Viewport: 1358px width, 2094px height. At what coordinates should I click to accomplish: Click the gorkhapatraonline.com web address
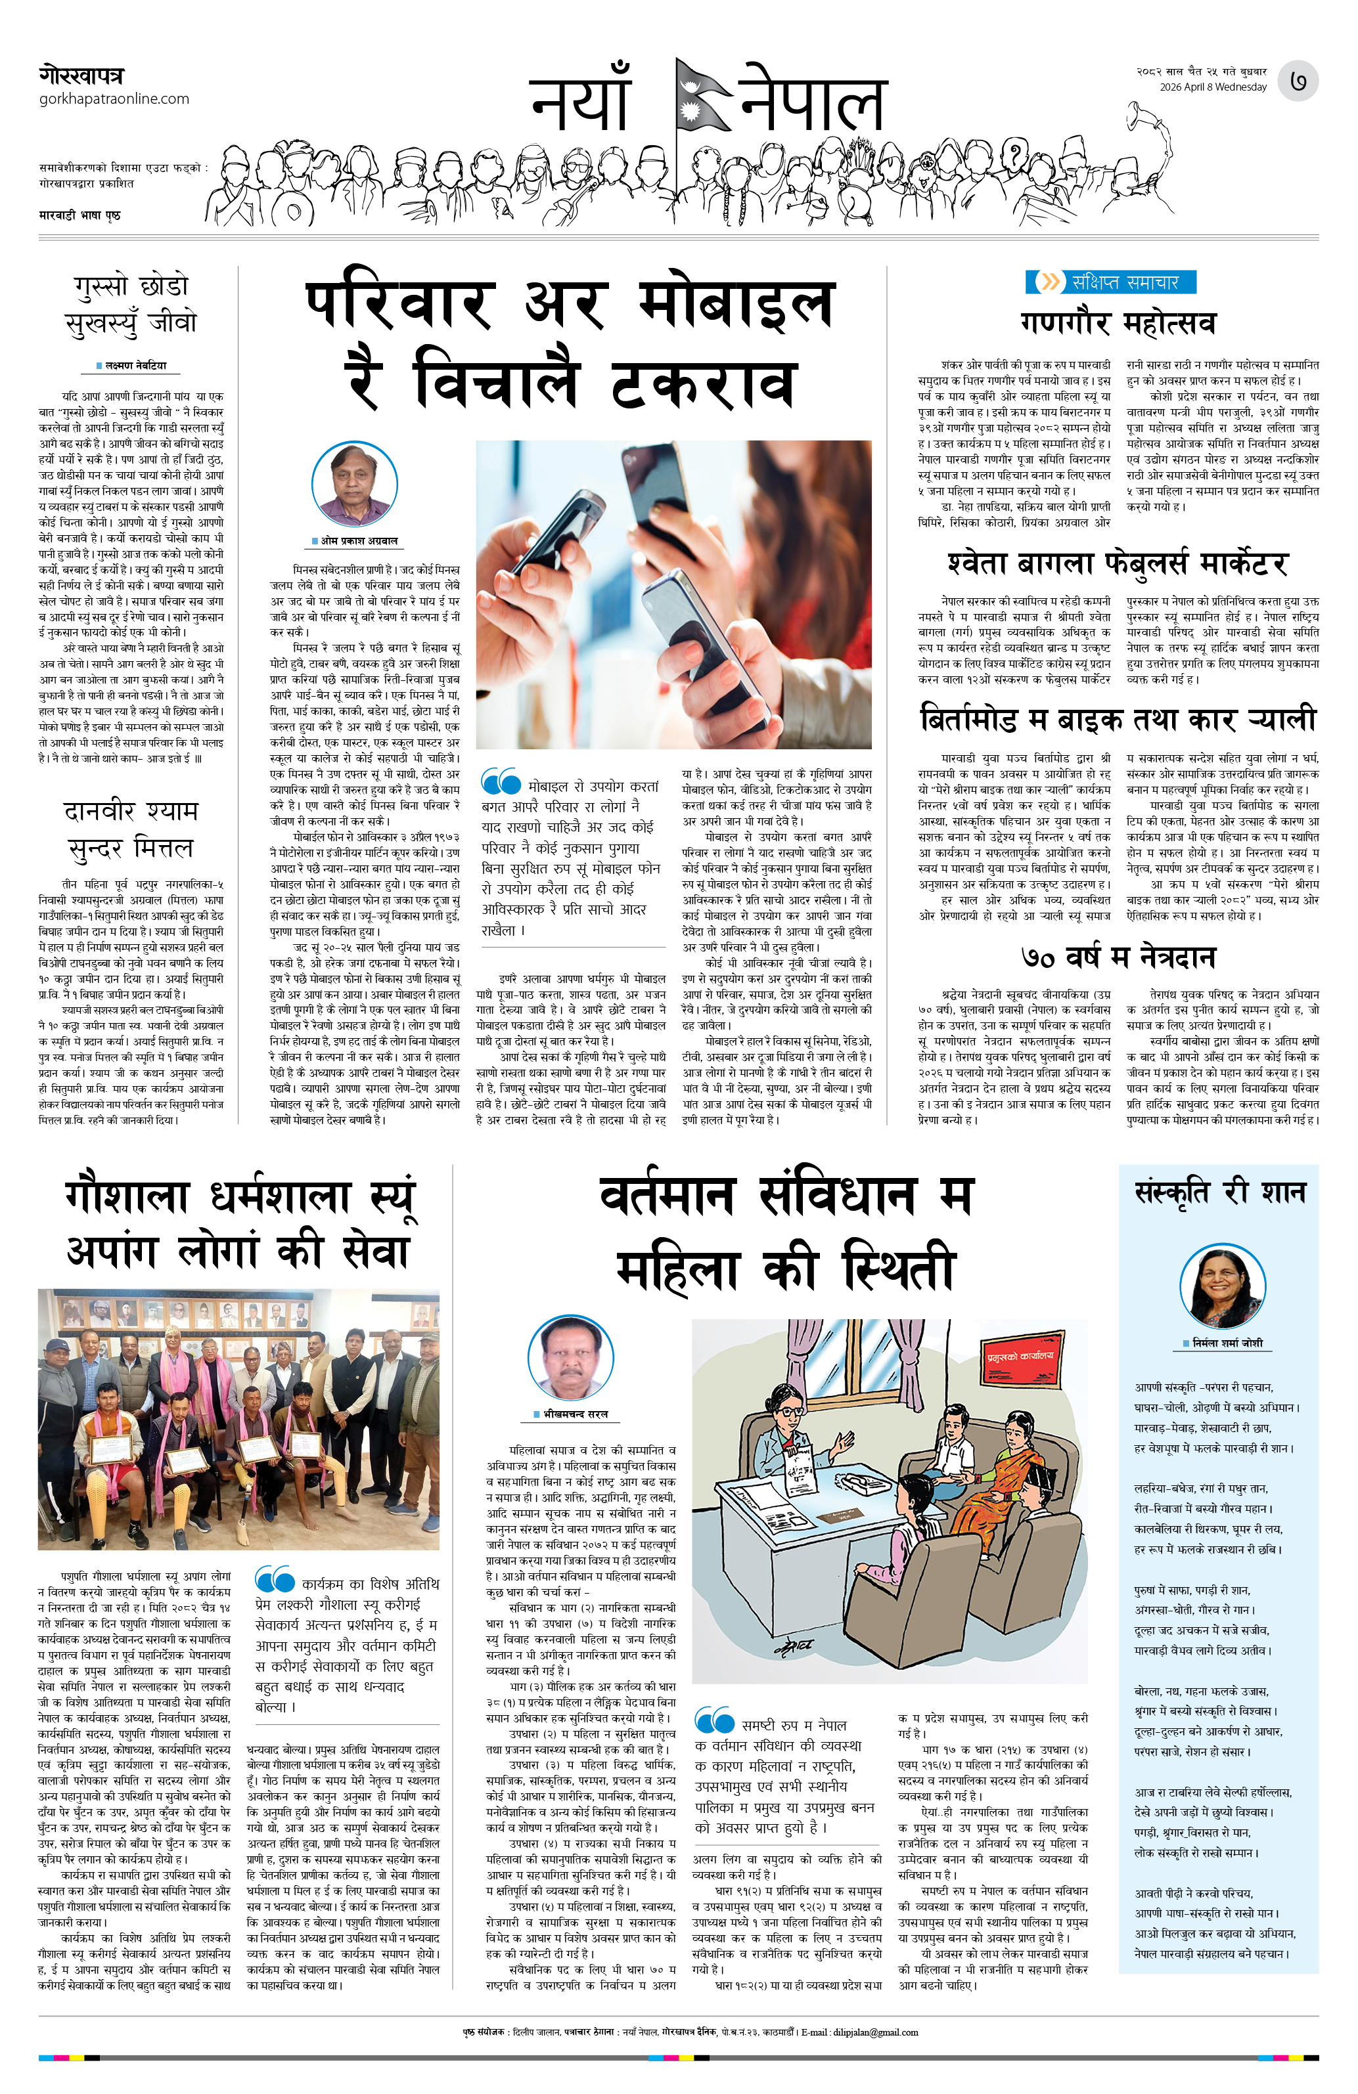[x=114, y=98]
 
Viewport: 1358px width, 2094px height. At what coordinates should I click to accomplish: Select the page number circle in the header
[x=1298, y=81]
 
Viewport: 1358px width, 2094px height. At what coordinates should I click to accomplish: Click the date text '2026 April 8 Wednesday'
[x=1213, y=87]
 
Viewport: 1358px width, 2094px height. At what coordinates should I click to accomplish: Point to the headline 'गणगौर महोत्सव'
[x=1118, y=323]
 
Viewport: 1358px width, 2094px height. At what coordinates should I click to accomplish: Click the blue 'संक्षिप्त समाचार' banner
[x=1112, y=282]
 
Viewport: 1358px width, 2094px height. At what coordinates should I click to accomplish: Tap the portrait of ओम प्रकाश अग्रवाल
[x=355, y=484]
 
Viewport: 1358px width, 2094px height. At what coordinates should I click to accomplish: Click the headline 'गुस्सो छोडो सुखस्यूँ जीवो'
[x=131, y=305]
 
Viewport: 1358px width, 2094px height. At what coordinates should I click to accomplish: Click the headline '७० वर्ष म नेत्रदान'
[x=1118, y=956]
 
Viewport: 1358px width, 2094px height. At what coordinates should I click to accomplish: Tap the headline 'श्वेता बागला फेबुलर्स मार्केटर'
[x=1118, y=563]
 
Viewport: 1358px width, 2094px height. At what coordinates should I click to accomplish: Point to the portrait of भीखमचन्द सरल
[x=570, y=1357]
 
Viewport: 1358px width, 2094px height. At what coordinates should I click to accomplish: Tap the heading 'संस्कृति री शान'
[x=1220, y=1193]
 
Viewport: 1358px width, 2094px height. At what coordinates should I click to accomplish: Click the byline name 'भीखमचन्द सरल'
[x=576, y=1414]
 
